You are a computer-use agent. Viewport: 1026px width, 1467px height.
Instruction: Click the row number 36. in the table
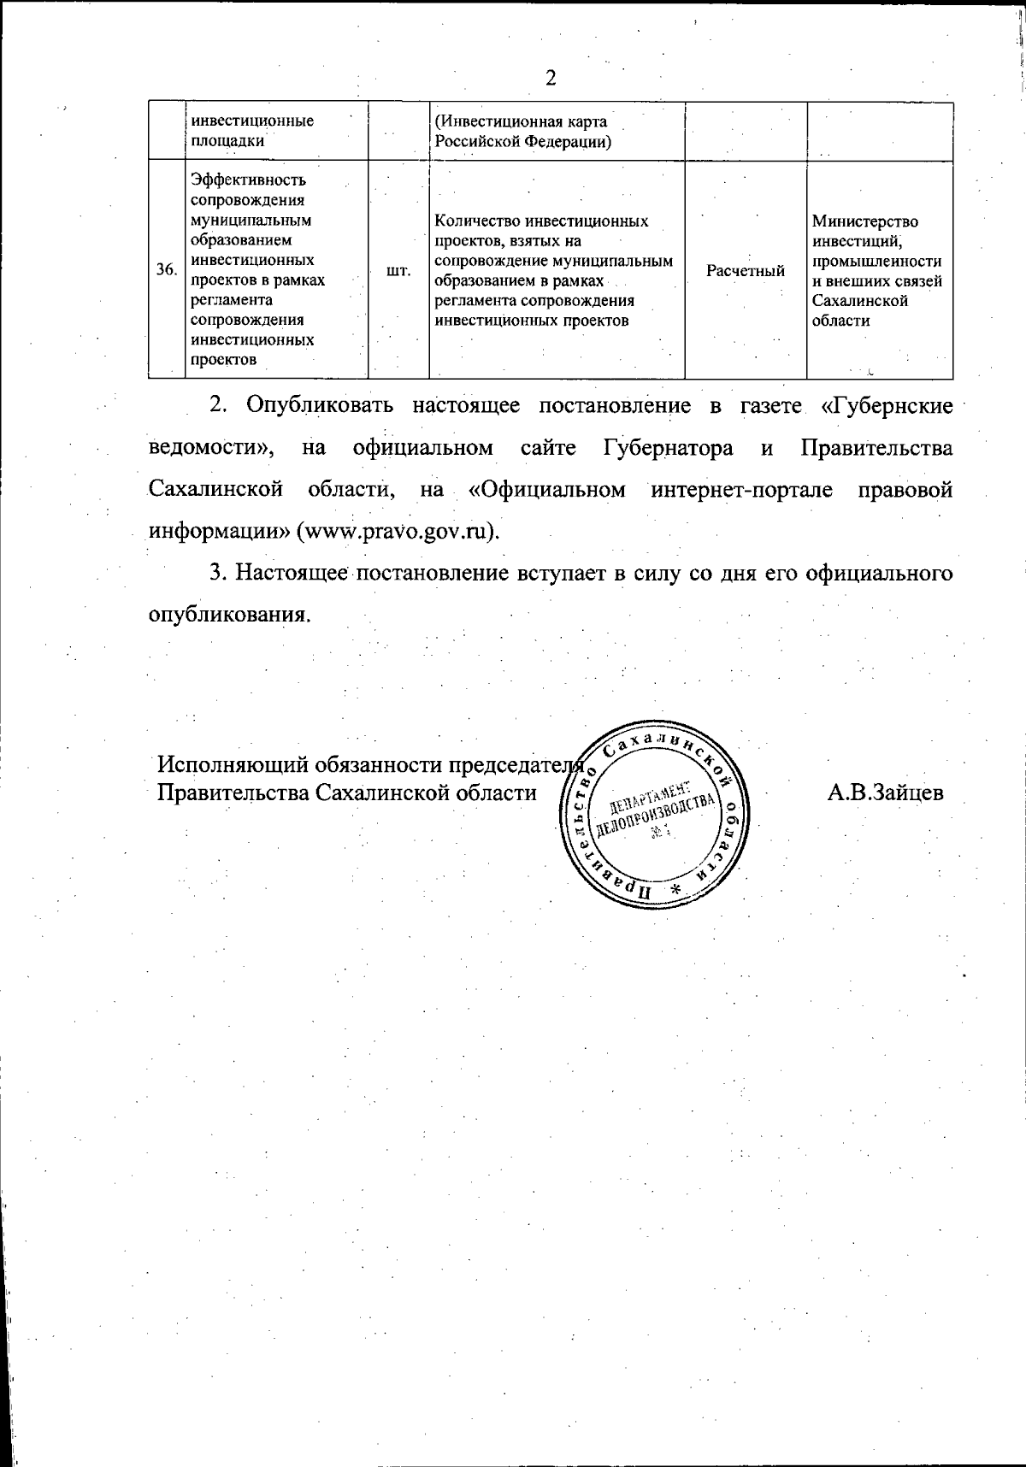[x=167, y=270]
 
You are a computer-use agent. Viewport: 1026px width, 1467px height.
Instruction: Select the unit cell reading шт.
[x=398, y=270]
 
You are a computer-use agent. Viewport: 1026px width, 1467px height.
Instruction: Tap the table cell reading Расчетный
[x=746, y=271]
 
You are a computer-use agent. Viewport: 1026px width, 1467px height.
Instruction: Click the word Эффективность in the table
[x=249, y=180]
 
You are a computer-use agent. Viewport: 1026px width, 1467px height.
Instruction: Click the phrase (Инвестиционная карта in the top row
[x=522, y=121]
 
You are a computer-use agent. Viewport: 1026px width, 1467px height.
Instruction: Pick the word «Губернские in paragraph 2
[x=887, y=404]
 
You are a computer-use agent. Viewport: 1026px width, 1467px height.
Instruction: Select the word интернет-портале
[x=741, y=490]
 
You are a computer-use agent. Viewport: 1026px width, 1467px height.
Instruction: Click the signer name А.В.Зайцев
[x=885, y=792]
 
